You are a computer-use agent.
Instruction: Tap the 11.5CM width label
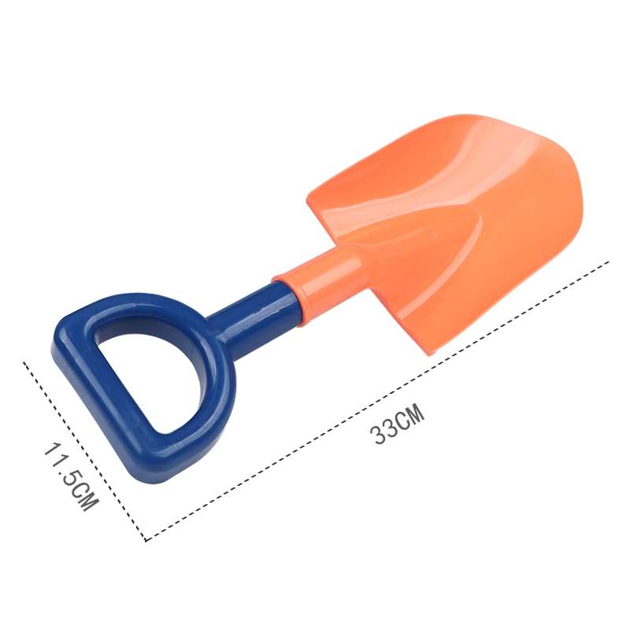[71, 476]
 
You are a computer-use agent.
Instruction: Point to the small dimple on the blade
[432, 232]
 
